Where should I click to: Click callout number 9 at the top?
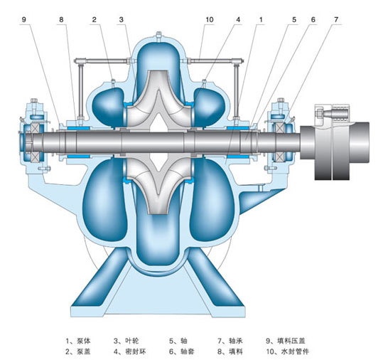click(x=23, y=20)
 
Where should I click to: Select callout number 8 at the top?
click(x=61, y=20)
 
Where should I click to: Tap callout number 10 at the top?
click(x=210, y=20)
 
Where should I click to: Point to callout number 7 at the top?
click(x=336, y=20)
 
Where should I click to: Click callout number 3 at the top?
click(x=121, y=20)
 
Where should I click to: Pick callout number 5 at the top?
click(x=294, y=20)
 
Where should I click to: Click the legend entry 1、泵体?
click(x=78, y=340)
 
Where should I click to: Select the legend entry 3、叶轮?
click(x=126, y=340)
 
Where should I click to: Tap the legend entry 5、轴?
click(x=178, y=340)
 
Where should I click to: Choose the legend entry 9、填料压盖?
click(x=286, y=340)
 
